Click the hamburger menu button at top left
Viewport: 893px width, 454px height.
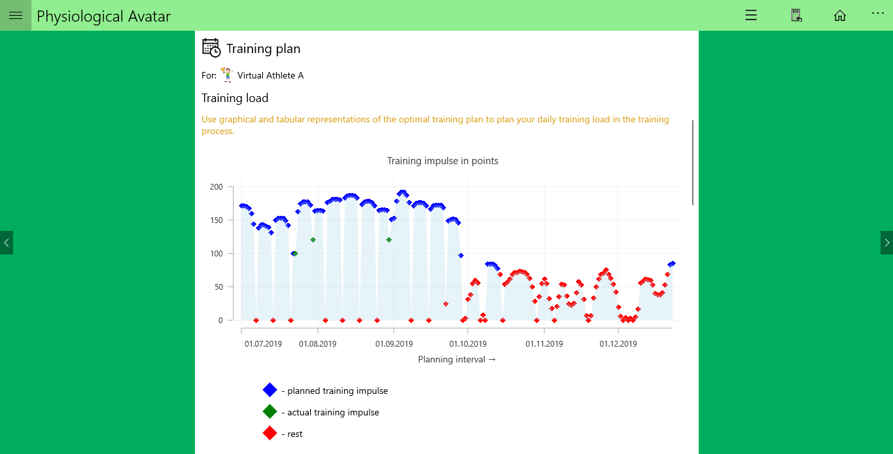click(16, 16)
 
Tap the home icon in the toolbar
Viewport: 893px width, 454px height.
click(839, 16)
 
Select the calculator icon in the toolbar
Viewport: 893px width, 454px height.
click(796, 16)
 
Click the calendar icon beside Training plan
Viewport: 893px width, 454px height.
click(211, 48)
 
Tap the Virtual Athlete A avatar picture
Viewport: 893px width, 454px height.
click(227, 75)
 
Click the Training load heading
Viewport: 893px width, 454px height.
click(235, 98)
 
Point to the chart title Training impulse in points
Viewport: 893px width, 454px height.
click(442, 161)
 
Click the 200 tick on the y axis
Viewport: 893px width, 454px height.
click(216, 187)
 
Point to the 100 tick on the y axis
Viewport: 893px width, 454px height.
click(216, 254)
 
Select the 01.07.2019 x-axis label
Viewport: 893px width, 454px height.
click(263, 343)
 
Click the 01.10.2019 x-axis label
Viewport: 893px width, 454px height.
click(468, 343)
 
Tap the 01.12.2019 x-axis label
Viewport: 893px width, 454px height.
click(618, 343)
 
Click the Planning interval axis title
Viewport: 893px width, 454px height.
click(457, 360)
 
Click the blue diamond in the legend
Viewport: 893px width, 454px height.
click(270, 390)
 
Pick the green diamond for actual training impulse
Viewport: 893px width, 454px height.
click(270, 411)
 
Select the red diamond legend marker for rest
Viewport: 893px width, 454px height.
click(270, 433)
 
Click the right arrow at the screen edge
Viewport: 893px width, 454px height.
click(886, 243)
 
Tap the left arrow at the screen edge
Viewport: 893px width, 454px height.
click(7, 243)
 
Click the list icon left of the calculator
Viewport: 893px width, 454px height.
click(751, 16)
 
